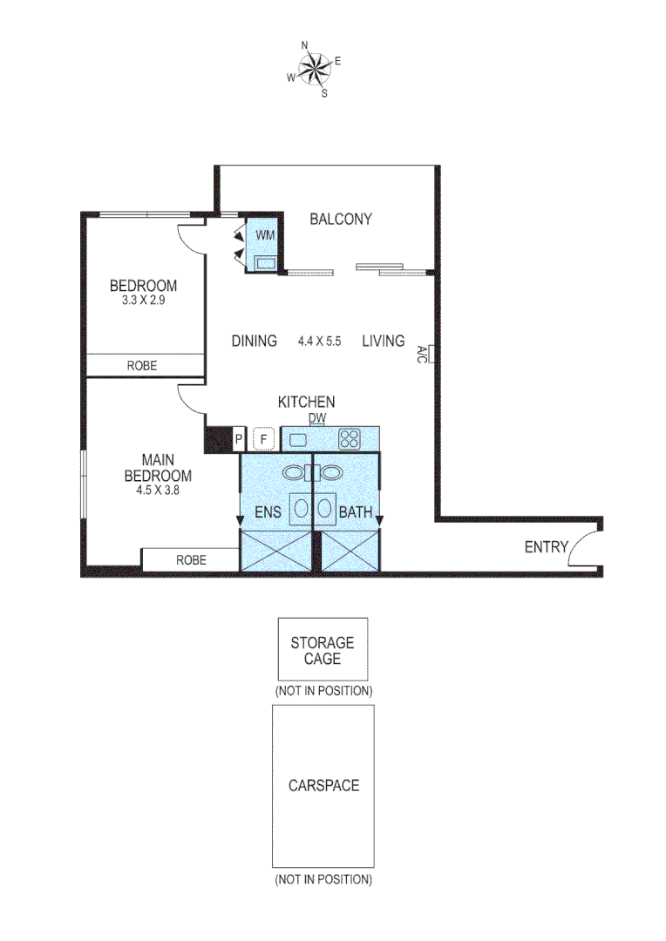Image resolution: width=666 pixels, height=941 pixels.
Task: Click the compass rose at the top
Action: [x=315, y=67]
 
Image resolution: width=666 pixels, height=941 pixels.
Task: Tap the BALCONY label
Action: [x=341, y=220]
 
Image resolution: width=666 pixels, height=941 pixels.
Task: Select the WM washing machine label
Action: [x=264, y=235]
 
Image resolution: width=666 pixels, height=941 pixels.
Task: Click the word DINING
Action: [x=254, y=341]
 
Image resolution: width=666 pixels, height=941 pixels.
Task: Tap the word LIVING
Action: [x=384, y=341]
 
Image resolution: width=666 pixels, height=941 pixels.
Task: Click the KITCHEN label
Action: [x=306, y=402]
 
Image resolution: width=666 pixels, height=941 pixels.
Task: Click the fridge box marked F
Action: [x=264, y=439]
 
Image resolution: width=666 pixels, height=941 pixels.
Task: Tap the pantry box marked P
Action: [x=238, y=439]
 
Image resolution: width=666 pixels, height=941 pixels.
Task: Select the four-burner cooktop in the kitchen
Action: [x=350, y=439]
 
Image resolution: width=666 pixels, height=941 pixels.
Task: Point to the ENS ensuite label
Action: [x=268, y=512]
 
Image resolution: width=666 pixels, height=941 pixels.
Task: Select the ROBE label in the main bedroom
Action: [x=191, y=560]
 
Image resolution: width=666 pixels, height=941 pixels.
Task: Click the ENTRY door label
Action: [x=546, y=547]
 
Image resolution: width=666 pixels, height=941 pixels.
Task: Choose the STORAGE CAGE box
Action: [x=322, y=649]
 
